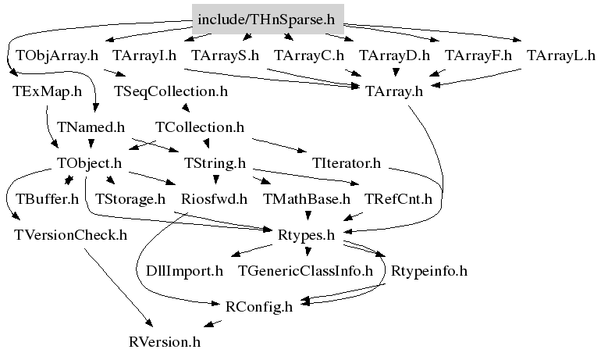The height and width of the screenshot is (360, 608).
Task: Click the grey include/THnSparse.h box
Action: coord(268,20)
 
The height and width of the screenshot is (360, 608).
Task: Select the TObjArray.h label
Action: coord(57,55)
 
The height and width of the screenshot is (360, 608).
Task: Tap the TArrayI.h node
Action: coord(144,55)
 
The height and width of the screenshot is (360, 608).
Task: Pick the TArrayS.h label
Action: coord(226,55)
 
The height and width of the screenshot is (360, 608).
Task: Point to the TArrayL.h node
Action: coord(560,55)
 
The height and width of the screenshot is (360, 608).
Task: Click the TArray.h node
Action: coord(394,91)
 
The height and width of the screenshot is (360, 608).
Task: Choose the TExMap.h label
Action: coord(47,91)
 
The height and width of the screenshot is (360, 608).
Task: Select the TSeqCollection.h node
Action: coord(171,91)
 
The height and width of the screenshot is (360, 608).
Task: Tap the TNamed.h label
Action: coord(91,127)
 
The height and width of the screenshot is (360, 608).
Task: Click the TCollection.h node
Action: coord(200,127)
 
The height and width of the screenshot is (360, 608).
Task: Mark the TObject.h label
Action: coord(89,163)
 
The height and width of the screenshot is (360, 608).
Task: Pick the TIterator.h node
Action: coord(347,163)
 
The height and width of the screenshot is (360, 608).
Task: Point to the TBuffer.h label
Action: coord(47,199)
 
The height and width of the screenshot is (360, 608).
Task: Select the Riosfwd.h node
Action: coord(214,199)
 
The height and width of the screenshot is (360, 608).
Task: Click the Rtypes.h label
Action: coord(306,235)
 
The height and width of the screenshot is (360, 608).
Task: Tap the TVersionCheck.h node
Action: coord(70,235)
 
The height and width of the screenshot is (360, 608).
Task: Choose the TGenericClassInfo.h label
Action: coord(305,270)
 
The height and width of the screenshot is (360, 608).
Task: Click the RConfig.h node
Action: coord(259,306)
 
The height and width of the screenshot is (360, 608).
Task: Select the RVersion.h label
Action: coord(165,342)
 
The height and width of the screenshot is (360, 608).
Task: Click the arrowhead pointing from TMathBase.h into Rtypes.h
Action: coord(308,216)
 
